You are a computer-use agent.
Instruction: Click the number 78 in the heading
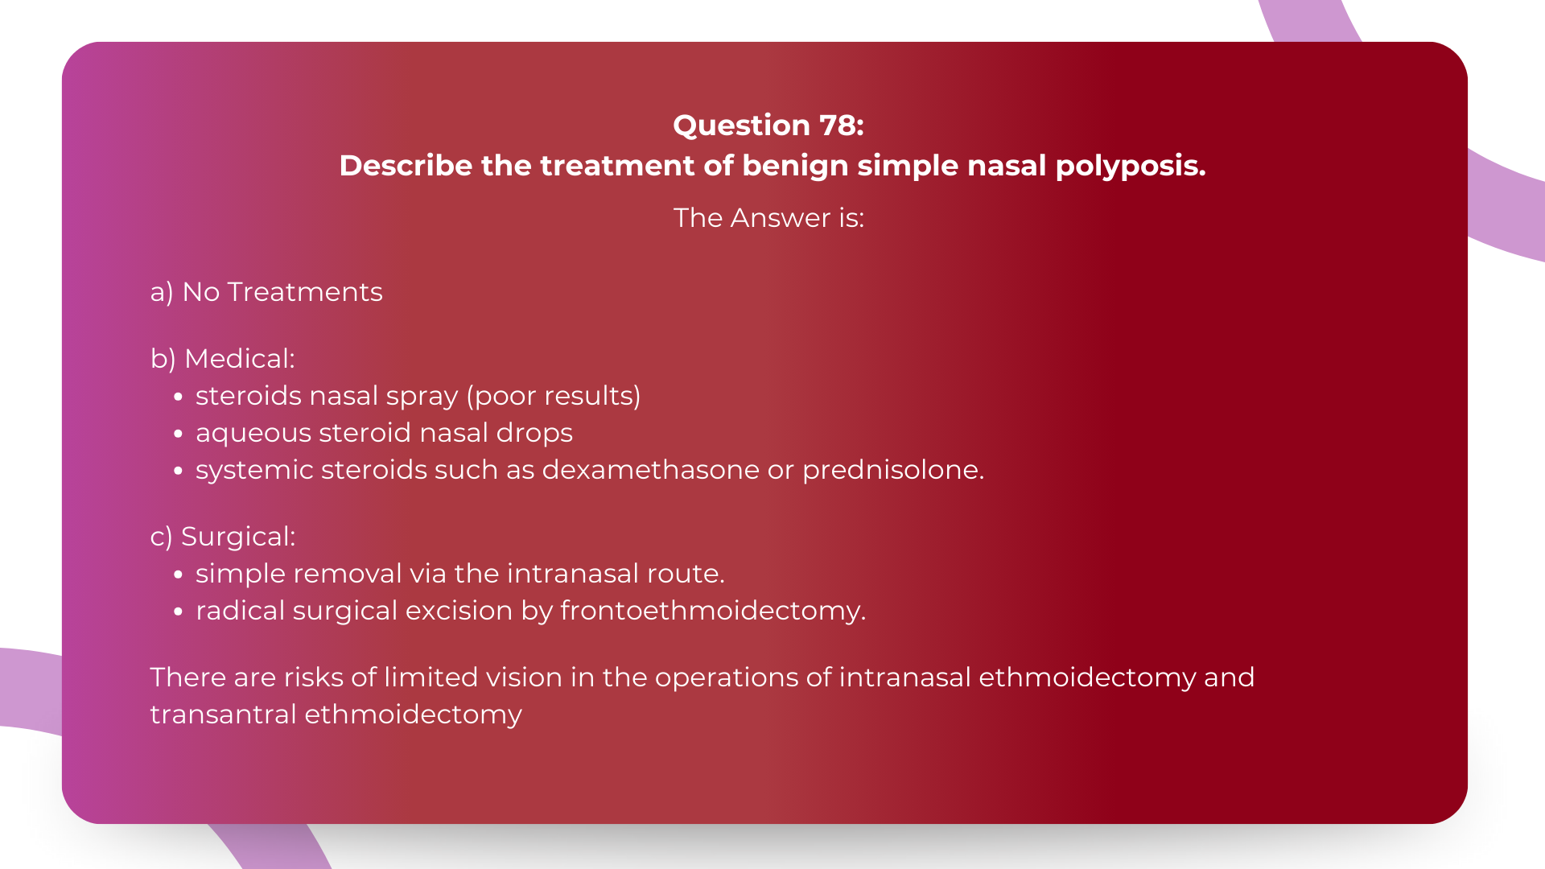click(838, 126)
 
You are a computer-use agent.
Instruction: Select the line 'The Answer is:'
click(768, 218)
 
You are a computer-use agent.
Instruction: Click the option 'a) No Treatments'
click(266, 292)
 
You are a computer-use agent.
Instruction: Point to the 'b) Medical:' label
click(223, 359)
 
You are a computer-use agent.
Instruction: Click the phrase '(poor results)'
click(554, 396)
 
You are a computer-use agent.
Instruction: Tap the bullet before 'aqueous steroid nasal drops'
click(179, 434)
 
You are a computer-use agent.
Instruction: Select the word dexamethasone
click(650, 470)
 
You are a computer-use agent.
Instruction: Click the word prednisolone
click(893, 471)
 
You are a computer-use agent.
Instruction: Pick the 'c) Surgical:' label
click(223, 537)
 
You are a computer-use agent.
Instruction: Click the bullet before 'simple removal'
click(179, 575)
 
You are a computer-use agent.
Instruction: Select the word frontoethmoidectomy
click(713, 611)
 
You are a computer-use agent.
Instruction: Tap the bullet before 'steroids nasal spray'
click(179, 397)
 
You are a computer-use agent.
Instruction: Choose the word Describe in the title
click(406, 166)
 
